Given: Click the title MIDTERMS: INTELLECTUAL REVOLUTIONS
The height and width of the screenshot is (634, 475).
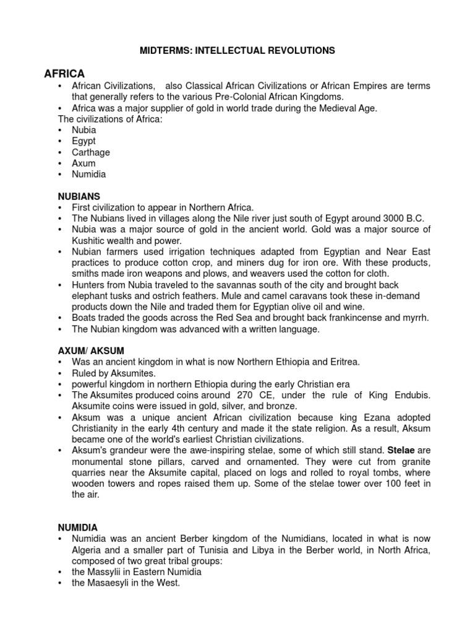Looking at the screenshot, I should click(237, 51).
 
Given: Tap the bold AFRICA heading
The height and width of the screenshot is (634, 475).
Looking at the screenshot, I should click(64, 74).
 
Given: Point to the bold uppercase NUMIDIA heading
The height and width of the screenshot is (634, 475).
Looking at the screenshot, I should click(77, 527).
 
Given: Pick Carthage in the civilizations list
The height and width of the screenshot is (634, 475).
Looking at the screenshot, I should click(91, 152).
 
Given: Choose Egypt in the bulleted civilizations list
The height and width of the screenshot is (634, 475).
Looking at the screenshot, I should click(84, 141).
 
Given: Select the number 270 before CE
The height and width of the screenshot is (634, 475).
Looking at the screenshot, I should click(243, 395).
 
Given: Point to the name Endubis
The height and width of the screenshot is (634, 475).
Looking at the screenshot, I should click(411, 395).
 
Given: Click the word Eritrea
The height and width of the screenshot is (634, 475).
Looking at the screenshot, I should click(342, 362).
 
